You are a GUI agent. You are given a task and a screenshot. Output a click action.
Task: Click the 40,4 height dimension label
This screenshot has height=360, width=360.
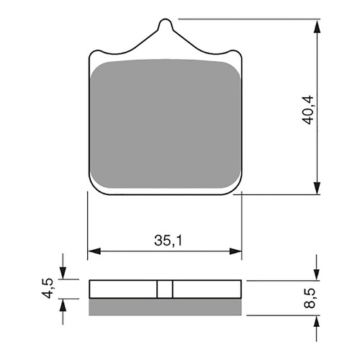click(310, 107)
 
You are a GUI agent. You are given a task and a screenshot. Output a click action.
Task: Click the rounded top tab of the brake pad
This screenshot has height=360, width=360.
click(165, 27)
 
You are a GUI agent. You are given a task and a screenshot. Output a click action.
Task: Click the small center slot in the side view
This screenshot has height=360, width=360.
click(165, 289)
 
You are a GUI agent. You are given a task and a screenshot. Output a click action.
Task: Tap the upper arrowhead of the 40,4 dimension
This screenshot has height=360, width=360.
click(316, 26)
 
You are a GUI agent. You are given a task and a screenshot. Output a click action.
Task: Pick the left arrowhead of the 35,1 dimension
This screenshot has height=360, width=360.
click(93, 252)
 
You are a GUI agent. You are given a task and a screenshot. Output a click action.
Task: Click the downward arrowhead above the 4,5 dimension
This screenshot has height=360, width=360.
click(63, 274)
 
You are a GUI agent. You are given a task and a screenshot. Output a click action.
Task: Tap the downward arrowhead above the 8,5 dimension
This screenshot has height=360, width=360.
click(316, 274)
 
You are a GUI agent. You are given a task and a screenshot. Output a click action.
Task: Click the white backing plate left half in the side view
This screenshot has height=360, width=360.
click(122, 289)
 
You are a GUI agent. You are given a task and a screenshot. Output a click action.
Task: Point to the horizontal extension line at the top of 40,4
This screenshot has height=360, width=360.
click(245, 19)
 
